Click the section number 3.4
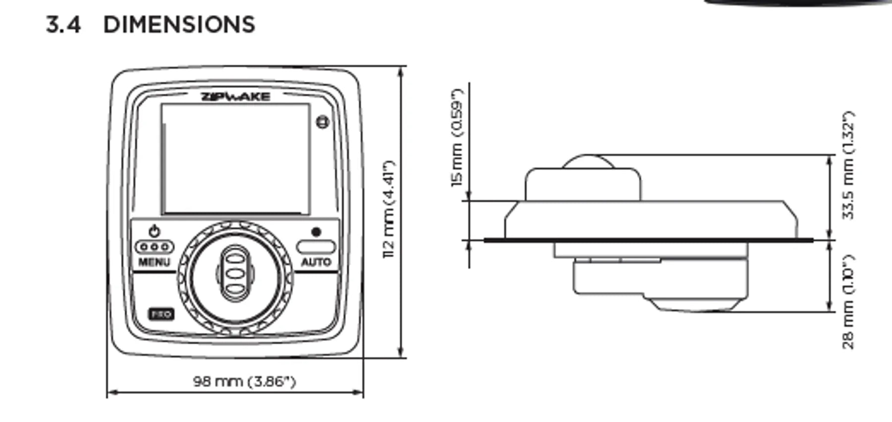[x=63, y=25]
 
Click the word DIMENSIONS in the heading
[x=179, y=25]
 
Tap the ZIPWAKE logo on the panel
[x=236, y=97]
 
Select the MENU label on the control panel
[x=154, y=262]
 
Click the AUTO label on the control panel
[x=316, y=262]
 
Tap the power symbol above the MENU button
[x=155, y=231]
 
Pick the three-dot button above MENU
[x=155, y=246]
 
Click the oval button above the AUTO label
[x=316, y=246]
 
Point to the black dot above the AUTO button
[x=316, y=232]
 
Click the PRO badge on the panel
[x=161, y=314]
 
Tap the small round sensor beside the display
[x=322, y=121]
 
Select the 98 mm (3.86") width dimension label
[x=244, y=381]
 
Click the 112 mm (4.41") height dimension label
[x=389, y=209]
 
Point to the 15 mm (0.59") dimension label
[x=457, y=138]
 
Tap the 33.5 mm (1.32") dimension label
[x=849, y=165]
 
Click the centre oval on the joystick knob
[x=235, y=273]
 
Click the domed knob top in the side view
[x=588, y=162]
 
